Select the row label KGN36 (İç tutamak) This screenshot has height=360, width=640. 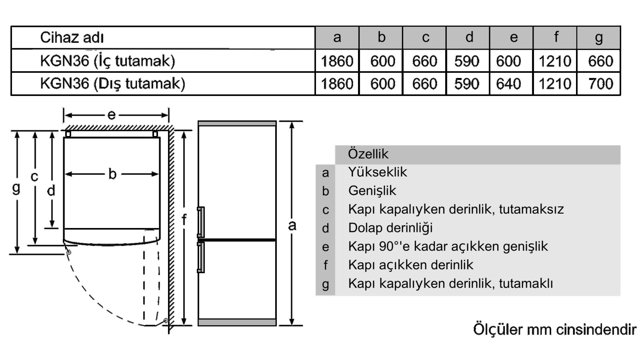(108, 61)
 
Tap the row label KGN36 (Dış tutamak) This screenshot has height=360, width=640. (112, 84)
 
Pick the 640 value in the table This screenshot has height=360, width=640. (508, 84)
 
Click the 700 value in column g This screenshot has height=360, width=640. (600, 84)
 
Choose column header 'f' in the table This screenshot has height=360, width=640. (556, 37)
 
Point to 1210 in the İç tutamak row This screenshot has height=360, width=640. (554, 61)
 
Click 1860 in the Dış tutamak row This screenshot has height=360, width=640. (337, 84)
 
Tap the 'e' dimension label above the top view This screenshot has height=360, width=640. (112, 115)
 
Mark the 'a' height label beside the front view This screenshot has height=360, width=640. (292, 226)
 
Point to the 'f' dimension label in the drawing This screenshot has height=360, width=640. (184, 220)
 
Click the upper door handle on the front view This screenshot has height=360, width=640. (201, 222)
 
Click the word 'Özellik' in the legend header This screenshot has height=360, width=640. (368, 154)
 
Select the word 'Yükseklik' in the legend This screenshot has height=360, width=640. (378, 172)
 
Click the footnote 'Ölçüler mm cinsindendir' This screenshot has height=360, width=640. (555, 330)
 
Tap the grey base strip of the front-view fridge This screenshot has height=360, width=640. (237, 322)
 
